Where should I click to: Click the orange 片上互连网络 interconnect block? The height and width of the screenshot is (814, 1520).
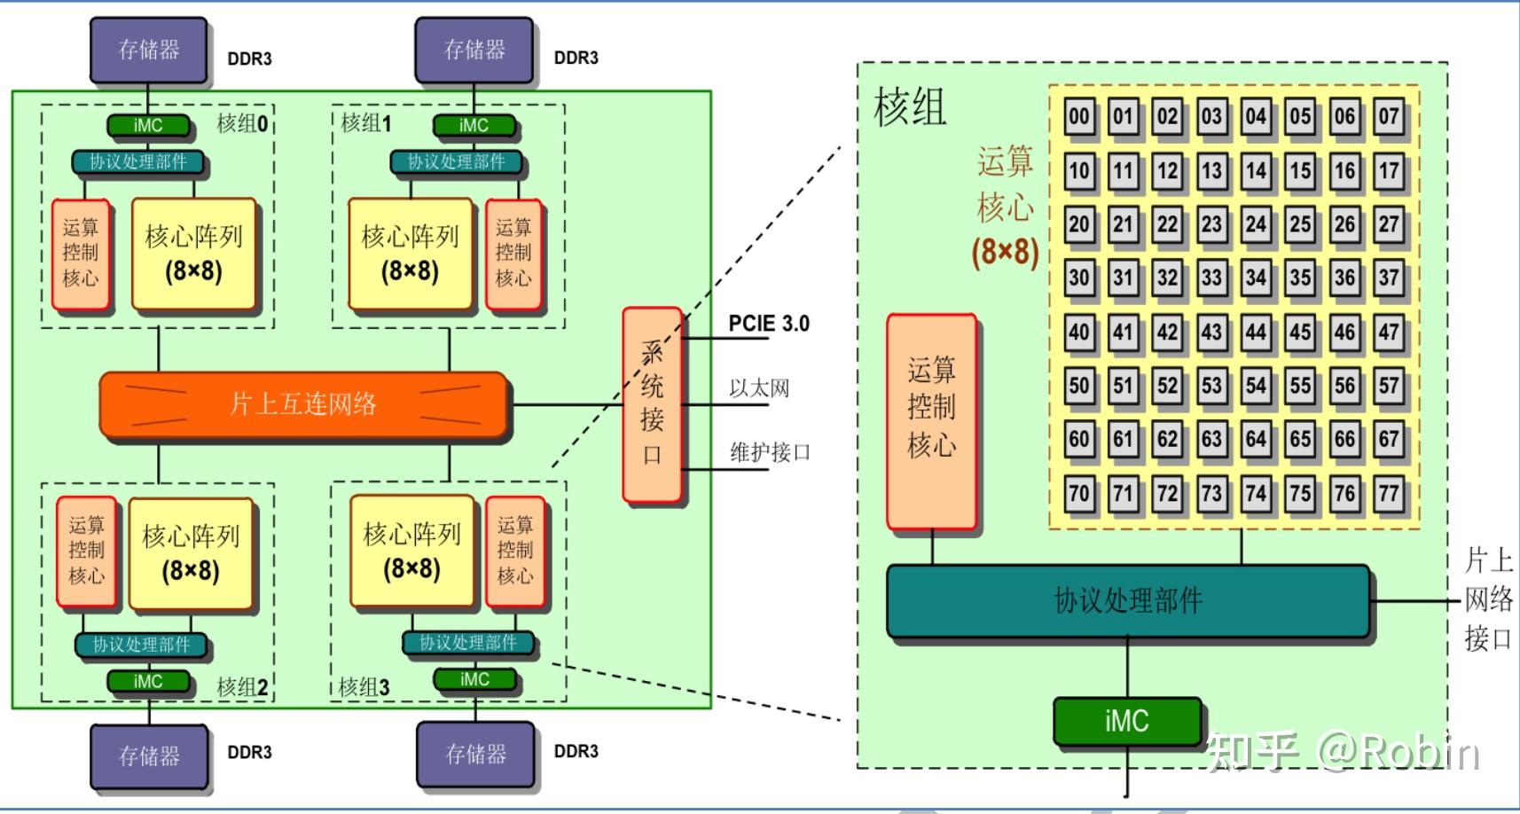coord(303,404)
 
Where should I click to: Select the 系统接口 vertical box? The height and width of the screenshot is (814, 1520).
coord(652,404)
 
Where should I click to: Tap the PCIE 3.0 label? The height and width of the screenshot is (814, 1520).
coord(768,324)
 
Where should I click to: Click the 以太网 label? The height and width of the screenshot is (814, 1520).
coord(758,388)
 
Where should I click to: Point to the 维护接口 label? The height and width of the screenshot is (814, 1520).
coord(770,452)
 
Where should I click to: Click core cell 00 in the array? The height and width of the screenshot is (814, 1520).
coord(1078,116)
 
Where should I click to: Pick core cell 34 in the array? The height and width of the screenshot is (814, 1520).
coord(1256,278)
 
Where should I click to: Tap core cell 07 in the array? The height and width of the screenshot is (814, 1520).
coord(1389,116)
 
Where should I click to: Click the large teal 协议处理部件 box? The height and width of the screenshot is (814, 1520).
coord(1127,600)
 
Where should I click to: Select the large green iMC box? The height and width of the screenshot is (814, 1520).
coord(1126,720)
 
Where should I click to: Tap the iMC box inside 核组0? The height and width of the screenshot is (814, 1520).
coord(148,126)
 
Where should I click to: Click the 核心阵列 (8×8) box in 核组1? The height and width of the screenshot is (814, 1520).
coord(409,253)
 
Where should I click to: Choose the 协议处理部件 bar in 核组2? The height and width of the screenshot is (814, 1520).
coord(141,645)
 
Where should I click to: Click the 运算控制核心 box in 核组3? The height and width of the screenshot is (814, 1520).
coord(514,550)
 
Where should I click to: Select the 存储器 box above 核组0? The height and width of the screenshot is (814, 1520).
coord(149,50)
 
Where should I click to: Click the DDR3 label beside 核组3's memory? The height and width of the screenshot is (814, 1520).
coord(576,751)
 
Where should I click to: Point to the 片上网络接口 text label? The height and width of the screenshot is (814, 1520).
coord(1488,599)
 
